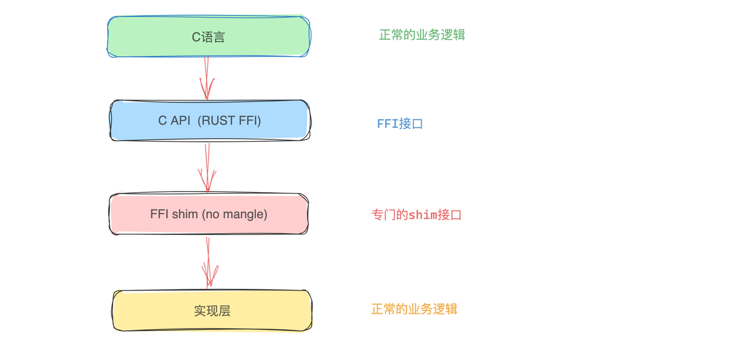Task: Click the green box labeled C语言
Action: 209,36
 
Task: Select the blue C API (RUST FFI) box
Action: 210,120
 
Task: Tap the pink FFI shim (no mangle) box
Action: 209,214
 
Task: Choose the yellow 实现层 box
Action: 212,311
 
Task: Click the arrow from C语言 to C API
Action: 207,78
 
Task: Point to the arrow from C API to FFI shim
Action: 207,168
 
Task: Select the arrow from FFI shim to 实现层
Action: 208,263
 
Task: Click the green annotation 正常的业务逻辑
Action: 422,35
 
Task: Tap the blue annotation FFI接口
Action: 400,124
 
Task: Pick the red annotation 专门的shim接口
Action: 416,215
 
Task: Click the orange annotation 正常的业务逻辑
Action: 414,309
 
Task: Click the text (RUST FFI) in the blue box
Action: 229,121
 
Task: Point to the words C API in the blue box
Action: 174,121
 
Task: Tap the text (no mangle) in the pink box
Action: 234,214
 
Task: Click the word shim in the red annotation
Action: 423,215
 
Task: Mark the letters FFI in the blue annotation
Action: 388,124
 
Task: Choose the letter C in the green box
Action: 196,37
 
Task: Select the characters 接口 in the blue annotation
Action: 411,124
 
